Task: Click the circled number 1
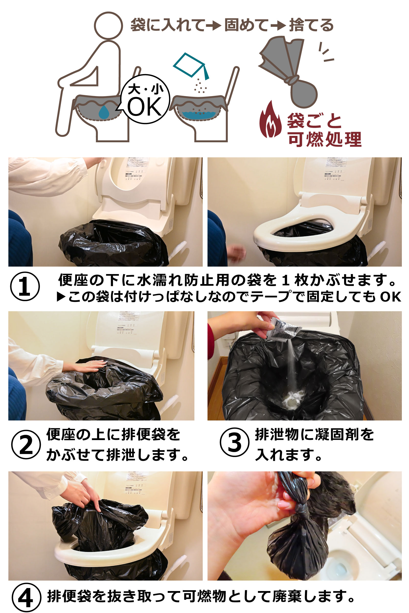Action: tap(25, 286)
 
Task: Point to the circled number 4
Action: tap(26, 597)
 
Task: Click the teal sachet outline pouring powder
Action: tap(191, 66)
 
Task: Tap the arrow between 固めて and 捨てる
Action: tap(278, 26)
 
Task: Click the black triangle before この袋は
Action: tap(61, 297)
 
